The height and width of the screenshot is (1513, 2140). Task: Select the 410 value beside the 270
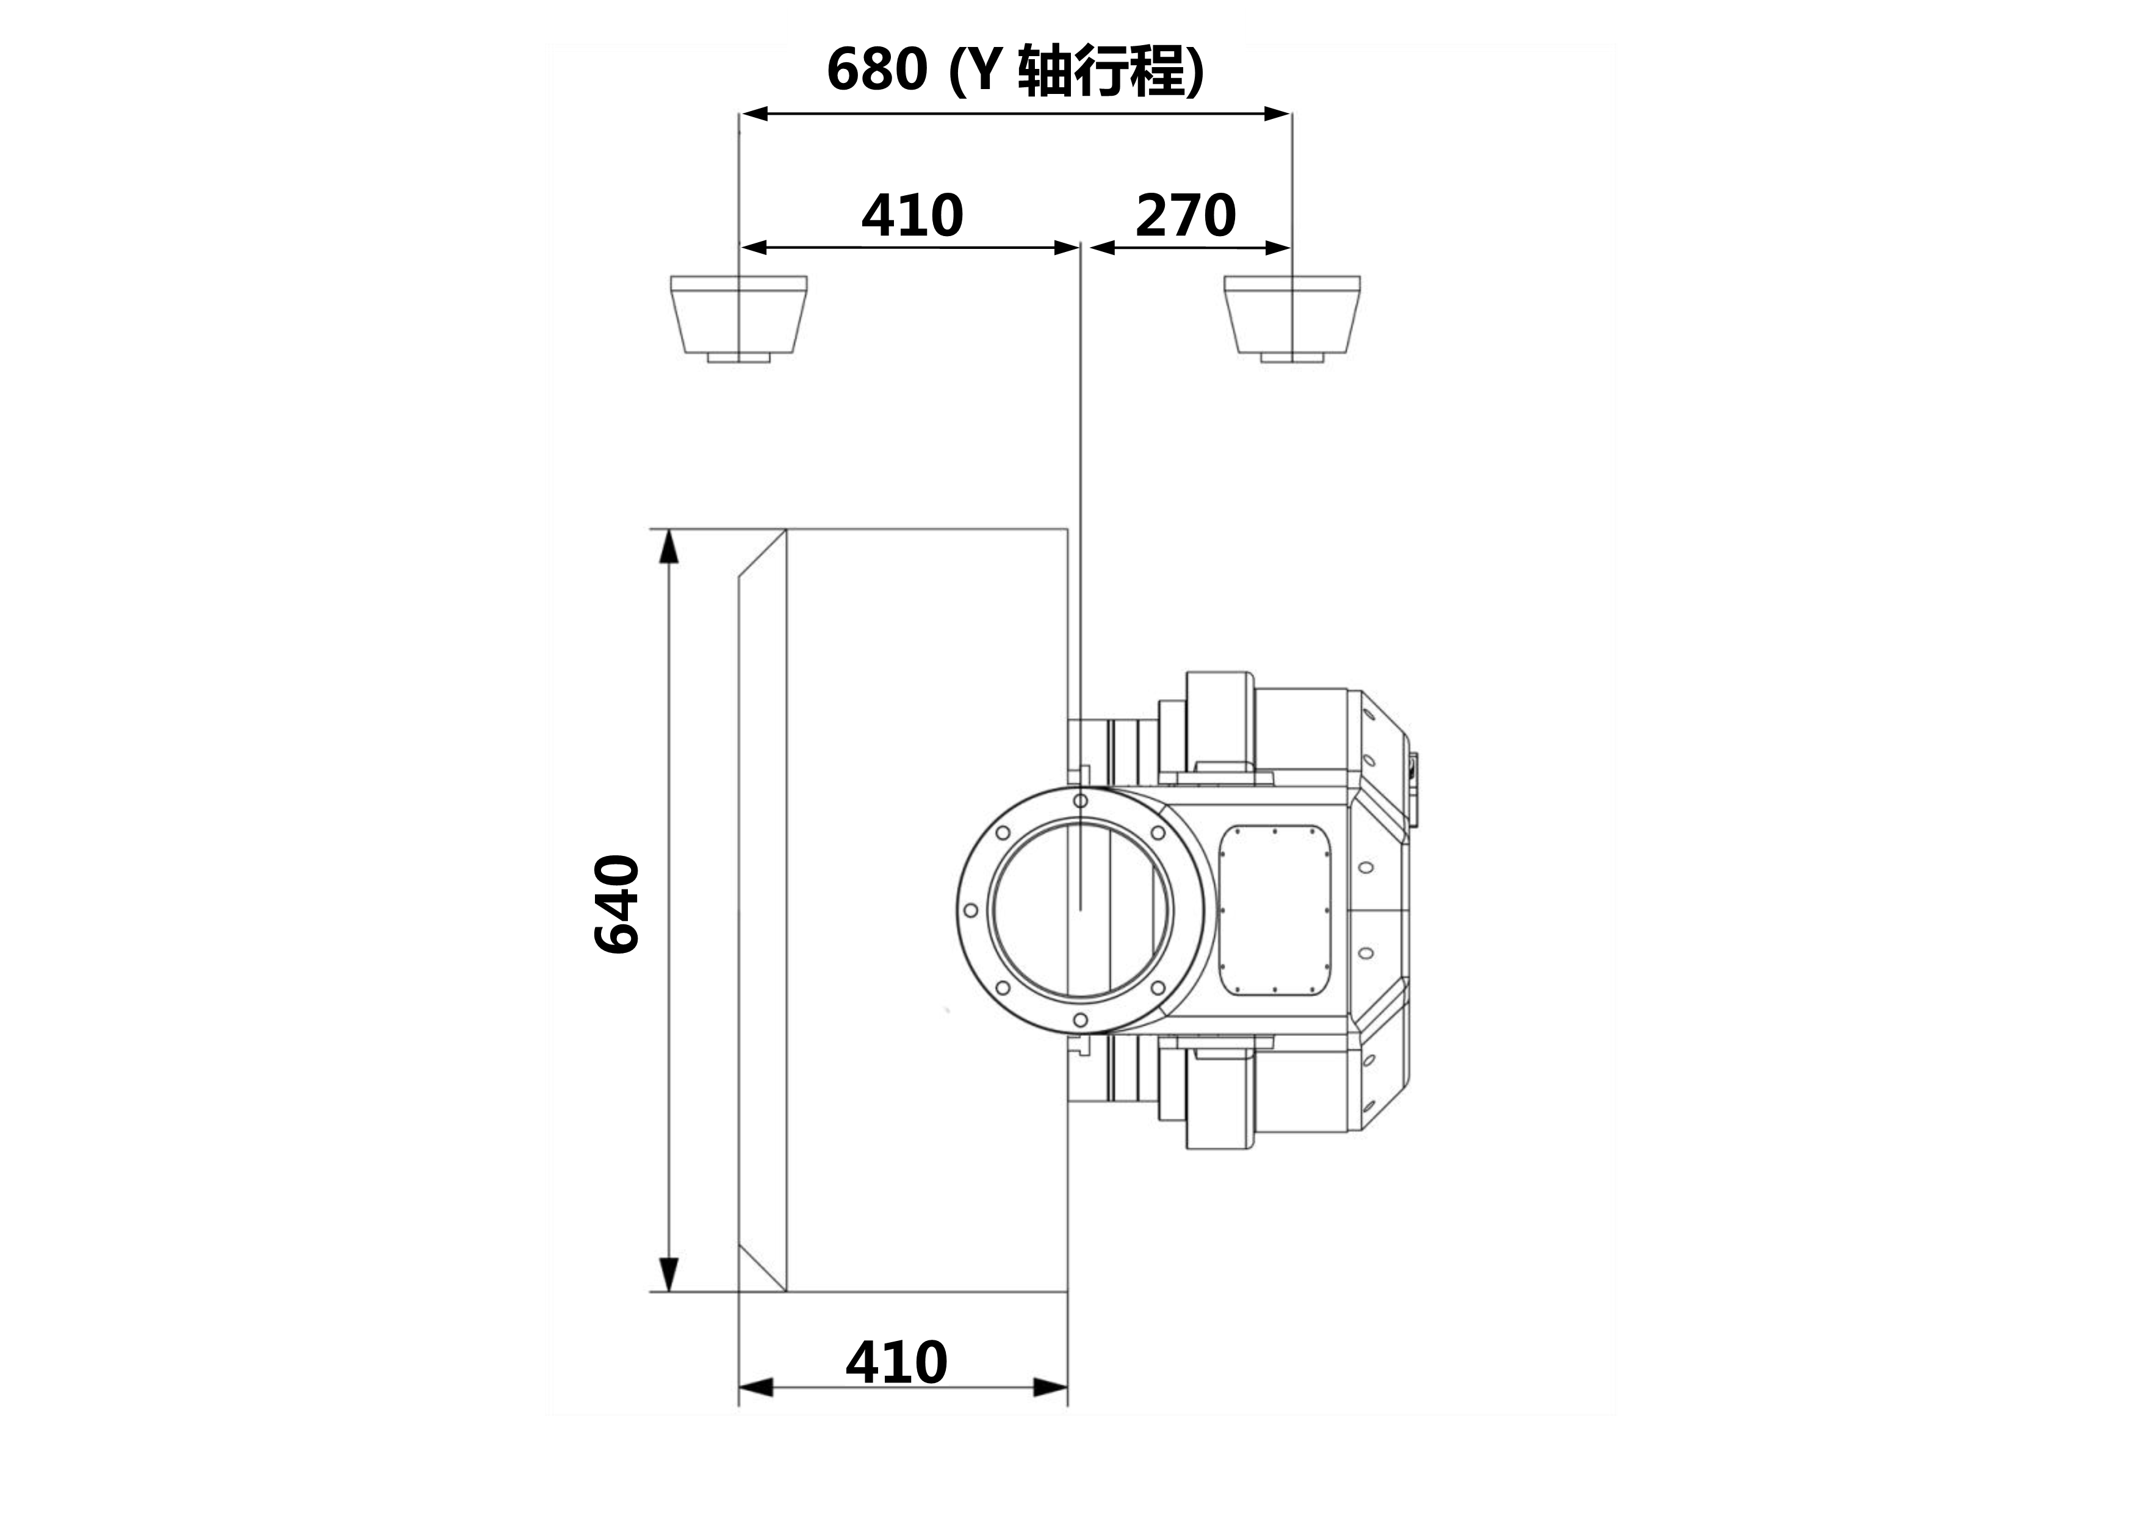tap(912, 215)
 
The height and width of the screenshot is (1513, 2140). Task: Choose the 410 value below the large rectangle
tap(896, 1363)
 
